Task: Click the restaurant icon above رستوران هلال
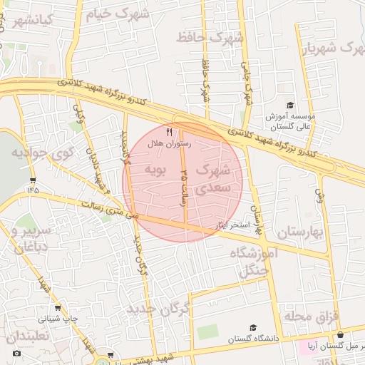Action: pyautogui.click(x=169, y=132)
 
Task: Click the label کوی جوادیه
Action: pyautogui.click(x=43, y=153)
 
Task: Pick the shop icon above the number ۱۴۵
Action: pyautogui.click(x=33, y=180)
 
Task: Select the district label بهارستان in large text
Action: pyautogui.click(x=301, y=232)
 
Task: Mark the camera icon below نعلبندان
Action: pyautogui.click(x=17, y=353)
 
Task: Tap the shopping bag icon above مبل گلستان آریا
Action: pyautogui.click(x=340, y=334)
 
